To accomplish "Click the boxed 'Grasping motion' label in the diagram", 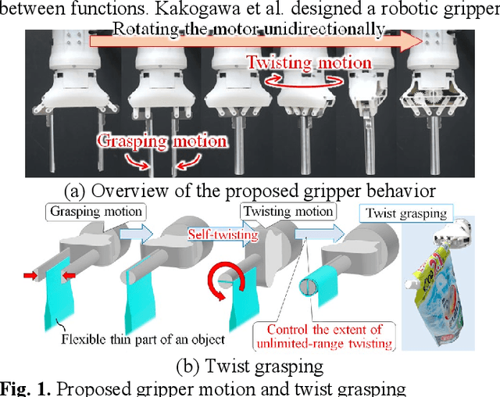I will pos(97,211).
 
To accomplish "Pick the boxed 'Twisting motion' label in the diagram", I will pos(287,211).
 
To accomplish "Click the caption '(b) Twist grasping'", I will pos(251,363).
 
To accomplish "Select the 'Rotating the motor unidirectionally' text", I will pos(249,30).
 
